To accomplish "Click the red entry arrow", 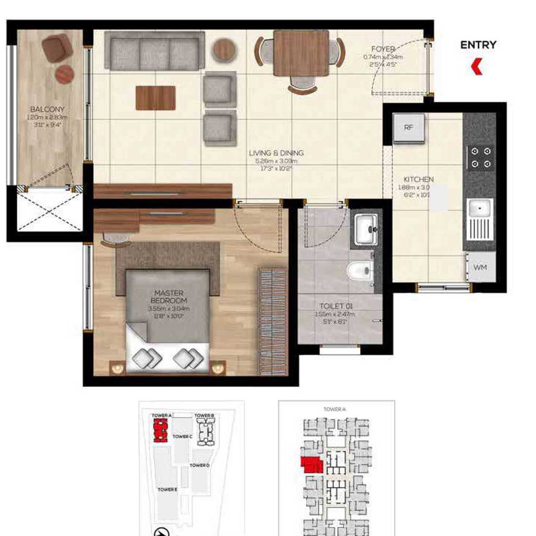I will click(x=476, y=66).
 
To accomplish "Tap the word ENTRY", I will click(x=478, y=46).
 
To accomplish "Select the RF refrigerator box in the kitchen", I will click(x=409, y=127).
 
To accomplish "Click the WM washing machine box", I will click(x=480, y=267).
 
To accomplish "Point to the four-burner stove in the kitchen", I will click(x=481, y=158).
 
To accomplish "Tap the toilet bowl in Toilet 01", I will click(x=360, y=271).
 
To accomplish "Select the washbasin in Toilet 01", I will click(x=366, y=229).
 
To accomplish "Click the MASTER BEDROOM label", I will click(x=169, y=297).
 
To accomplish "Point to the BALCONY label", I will click(x=47, y=109).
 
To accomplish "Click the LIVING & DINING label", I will click(x=276, y=153).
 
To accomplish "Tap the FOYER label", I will click(x=383, y=49).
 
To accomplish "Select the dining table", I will click(x=301, y=53).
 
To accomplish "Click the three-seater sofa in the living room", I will click(x=154, y=51).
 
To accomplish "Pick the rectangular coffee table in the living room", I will click(x=155, y=98).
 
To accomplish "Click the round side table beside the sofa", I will click(x=224, y=50).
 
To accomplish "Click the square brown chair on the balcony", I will click(x=57, y=48).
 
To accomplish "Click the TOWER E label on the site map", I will click(x=167, y=489).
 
